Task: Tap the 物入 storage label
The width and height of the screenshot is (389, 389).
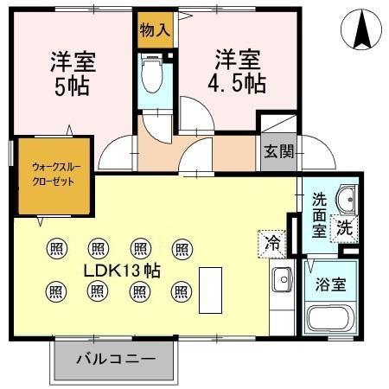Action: coord(156,29)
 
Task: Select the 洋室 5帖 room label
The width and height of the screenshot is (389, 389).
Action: coord(72,74)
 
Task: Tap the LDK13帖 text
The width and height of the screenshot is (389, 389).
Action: coord(121,269)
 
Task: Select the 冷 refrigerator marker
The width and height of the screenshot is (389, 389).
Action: coord(273,243)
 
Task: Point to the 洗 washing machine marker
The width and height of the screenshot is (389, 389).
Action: coord(345,230)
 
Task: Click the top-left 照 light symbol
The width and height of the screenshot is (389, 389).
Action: coord(57,249)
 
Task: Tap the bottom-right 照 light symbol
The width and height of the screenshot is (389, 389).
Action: coord(181,290)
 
